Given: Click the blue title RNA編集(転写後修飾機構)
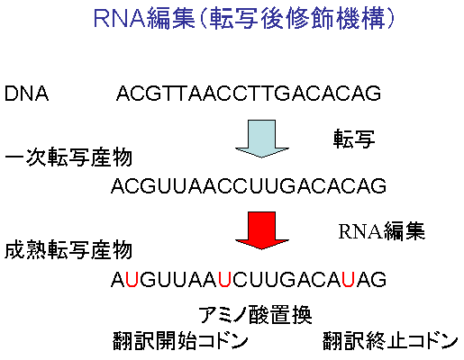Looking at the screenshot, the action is click(x=244, y=19).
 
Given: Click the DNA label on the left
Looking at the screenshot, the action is click(x=26, y=94).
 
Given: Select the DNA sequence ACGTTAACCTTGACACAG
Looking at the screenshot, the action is click(x=249, y=94).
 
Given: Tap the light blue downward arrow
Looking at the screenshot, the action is click(x=261, y=139).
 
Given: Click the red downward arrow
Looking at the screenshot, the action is click(x=261, y=230).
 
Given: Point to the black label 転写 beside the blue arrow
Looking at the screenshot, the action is click(x=354, y=139).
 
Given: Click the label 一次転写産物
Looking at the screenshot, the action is click(x=68, y=157).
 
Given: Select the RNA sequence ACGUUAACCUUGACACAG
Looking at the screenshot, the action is click(x=249, y=185).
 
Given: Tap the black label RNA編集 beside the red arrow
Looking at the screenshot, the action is click(x=382, y=231).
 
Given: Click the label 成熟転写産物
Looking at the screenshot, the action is click(x=68, y=249).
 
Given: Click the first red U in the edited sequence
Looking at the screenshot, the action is click(x=132, y=280).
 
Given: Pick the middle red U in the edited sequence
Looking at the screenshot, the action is click(x=224, y=280).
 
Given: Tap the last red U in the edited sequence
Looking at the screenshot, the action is click(x=349, y=280).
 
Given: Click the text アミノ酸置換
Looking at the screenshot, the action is click(x=255, y=315).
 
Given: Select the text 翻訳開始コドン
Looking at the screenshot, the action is click(x=180, y=341).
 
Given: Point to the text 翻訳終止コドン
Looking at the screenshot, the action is click(x=390, y=341).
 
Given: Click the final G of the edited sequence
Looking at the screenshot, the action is click(x=378, y=280).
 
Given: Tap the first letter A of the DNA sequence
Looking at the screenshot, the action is click(x=123, y=94).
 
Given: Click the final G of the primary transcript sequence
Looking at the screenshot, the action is click(x=378, y=185).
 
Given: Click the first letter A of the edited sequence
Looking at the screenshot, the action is click(x=118, y=280).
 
